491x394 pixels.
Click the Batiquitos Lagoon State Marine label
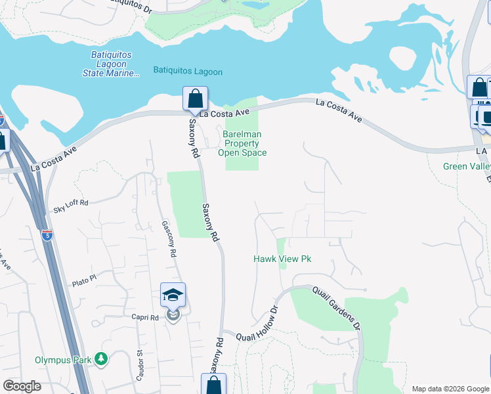coord(112,66)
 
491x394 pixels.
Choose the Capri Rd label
coord(145,318)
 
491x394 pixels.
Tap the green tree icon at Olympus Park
coord(101,359)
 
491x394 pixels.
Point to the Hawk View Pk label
coord(282,259)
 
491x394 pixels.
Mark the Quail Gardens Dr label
coord(336,307)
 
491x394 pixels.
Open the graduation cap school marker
coord(173,295)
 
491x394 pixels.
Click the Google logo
coord(22,386)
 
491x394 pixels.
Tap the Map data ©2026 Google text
coord(450,389)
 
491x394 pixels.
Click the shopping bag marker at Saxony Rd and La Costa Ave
coord(195,99)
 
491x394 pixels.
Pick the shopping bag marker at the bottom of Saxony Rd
coord(213,385)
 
